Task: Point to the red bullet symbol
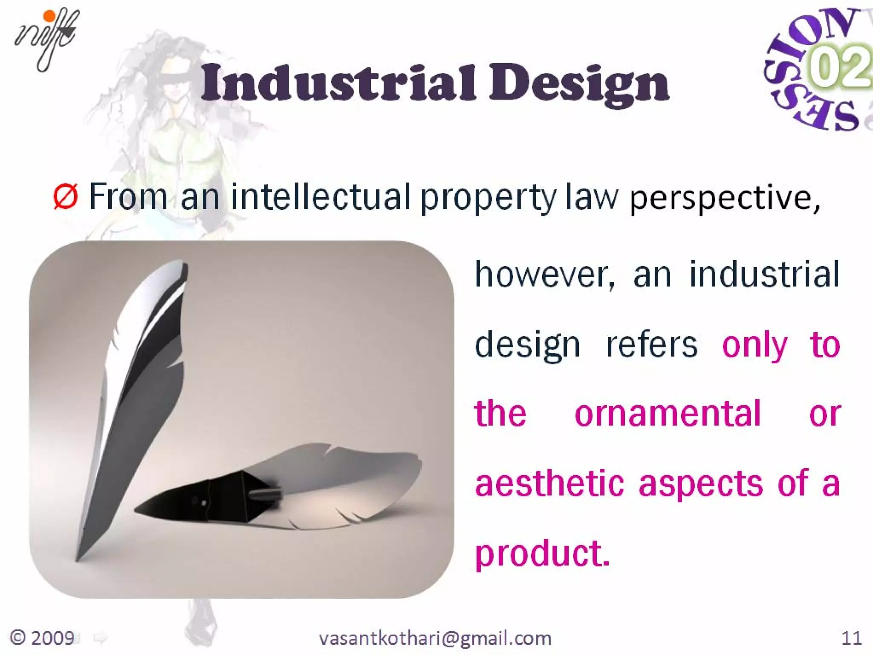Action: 65,197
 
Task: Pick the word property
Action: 488,198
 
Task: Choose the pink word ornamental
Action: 668,414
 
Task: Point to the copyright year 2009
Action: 43,638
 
